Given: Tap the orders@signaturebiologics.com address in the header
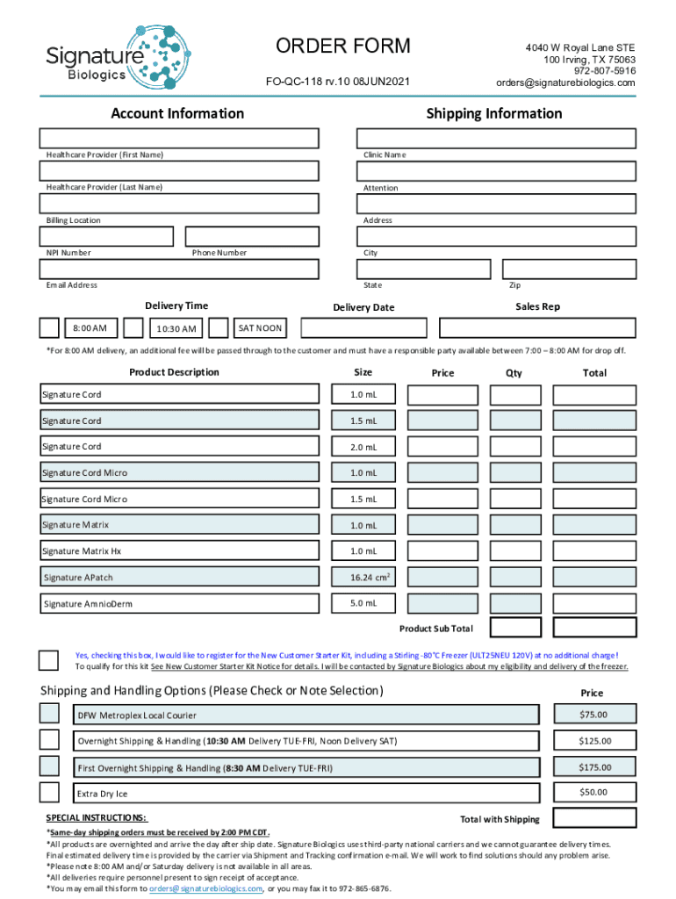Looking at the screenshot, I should pyautogui.click(x=565, y=83).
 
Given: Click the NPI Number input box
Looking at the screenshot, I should pyautogui.click(x=105, y=236).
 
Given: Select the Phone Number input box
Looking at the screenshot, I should pyautogui.click(x=252, y=236).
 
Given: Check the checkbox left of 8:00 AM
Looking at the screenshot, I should pyautogui.click(x=50, y=328).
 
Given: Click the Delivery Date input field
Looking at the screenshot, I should pyautogui.click(x=363, y=328).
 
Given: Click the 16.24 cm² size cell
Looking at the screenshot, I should pyautogui.click(x=363, y=577).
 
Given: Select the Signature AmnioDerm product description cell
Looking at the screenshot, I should pyautogui.click(x=179, y=603).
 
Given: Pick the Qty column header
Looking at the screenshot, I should pyautogui.click(x=514, y=373).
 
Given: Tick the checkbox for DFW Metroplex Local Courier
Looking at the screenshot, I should pyautogui.click(x=50, y=714).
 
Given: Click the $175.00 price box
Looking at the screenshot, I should pyautogui.click(x=593, y=767).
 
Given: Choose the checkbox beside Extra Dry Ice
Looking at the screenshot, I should pyautogui.click(x=50, y=793).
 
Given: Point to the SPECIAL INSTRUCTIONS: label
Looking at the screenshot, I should pyautogui.click(x=97, y=818).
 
